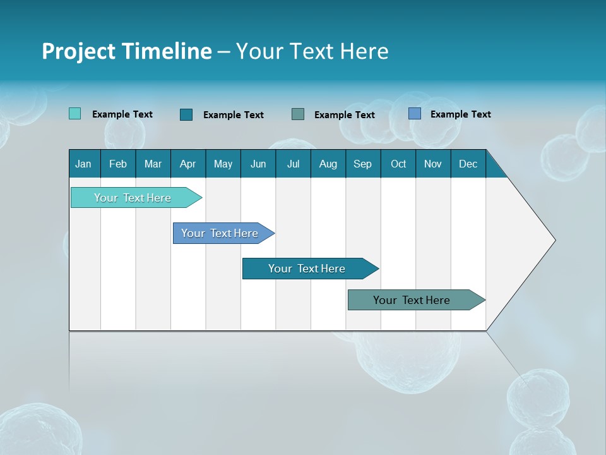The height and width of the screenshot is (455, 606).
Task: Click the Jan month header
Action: pyautogui.click(x=84, y=164)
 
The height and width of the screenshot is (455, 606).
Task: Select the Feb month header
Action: pyautogui.click(x=118, y=164)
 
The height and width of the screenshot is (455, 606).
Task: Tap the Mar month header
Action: pyautogui.click(x=153, y=164)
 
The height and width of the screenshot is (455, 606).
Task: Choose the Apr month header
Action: pyautogui.click(x=188, y=164)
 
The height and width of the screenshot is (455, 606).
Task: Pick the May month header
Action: pyautogui.click(x=223, y=164)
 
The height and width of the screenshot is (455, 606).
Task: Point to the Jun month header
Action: pyautogui.click(x=258, y=164)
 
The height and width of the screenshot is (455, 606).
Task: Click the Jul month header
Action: pyautogui.click(x=293, y=164)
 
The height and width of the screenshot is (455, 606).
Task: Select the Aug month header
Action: pyautogui.click(x=328, y=164)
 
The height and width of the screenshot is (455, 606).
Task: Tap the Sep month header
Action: pyautogui.click(x=363, y=164)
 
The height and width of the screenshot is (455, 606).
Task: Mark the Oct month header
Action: pyautogui.click(x=398, y=164)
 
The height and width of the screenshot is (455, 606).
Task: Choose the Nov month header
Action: pyautogui.click(x=433, y=164)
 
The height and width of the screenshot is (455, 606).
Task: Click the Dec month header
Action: pyautogui.click(x=468, y=164)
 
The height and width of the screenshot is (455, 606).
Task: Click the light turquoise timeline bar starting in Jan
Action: pyautogui.click(x=133, y=198)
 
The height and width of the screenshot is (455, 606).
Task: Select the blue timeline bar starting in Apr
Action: pyautogui.click(x=220, y=233)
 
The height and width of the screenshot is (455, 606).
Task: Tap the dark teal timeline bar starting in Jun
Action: pyautogui.click(x=307, y=269)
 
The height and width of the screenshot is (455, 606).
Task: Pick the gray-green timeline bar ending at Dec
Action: pyautogui.click(x=412, y=300)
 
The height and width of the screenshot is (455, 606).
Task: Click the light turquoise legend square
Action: pyautogui.click(x=75, y=114)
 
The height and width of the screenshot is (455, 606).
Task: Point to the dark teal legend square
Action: pyautogui.click(x=186, y=114)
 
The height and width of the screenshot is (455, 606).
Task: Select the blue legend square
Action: pyautogui.click(x=415, y=114)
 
